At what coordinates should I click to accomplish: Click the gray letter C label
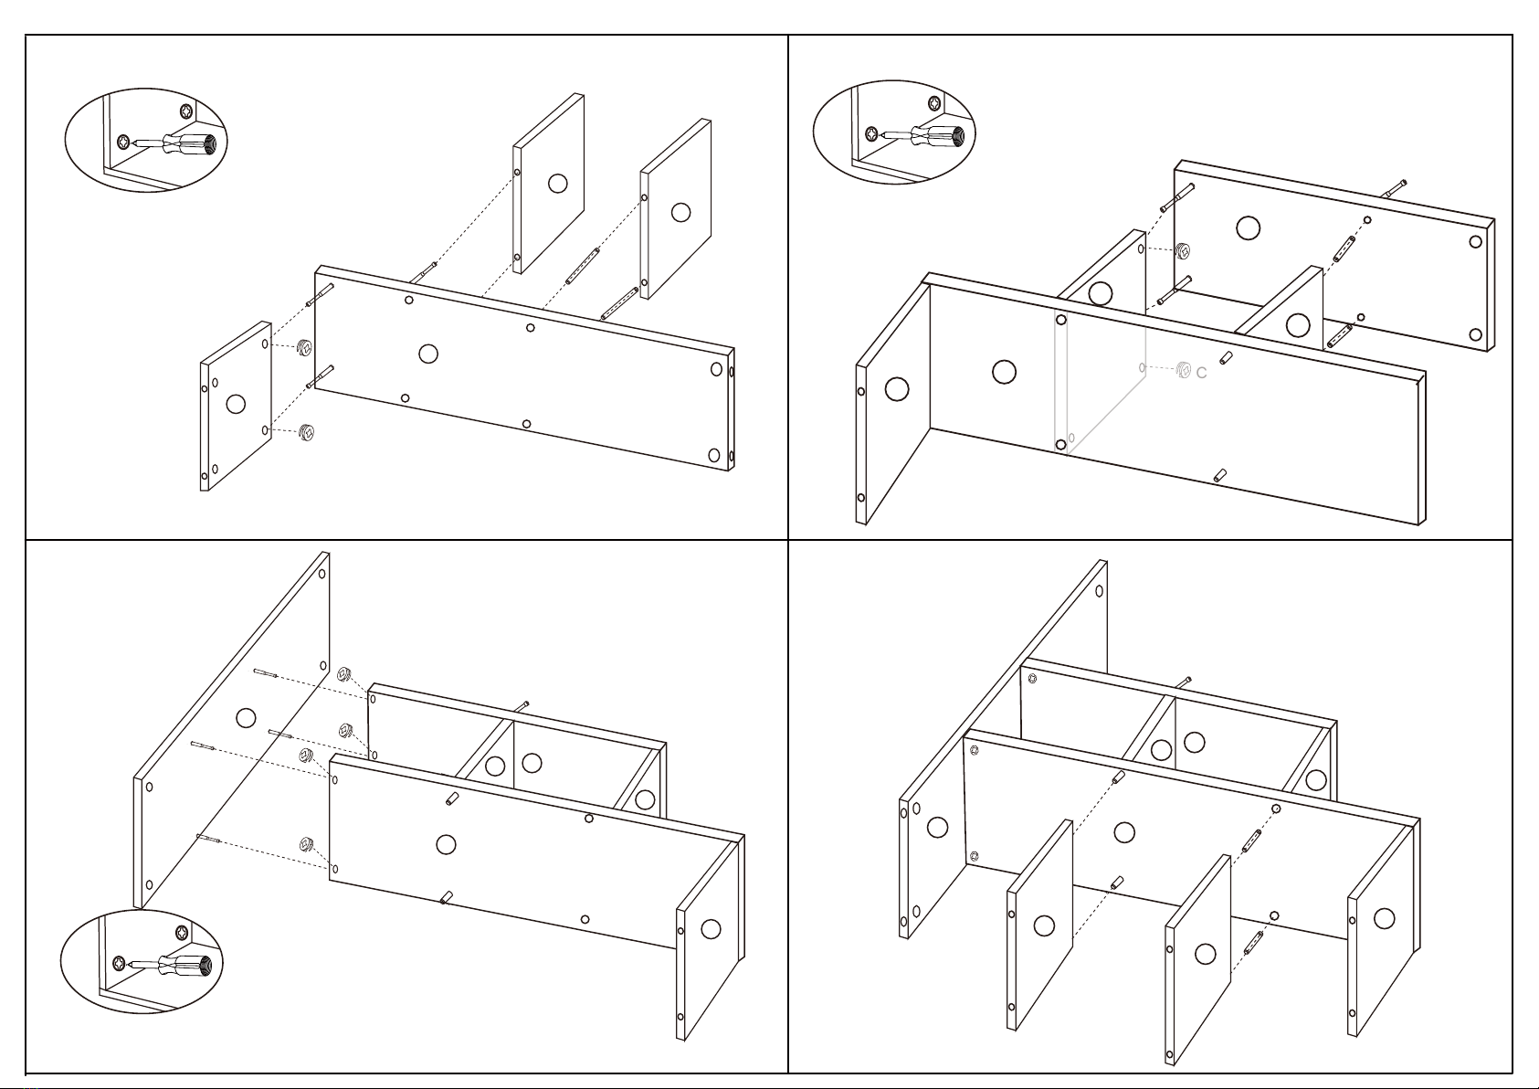click(1201, 373)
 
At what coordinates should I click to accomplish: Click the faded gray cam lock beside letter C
click(1183, 370)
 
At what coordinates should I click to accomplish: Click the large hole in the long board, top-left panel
click(428, 354)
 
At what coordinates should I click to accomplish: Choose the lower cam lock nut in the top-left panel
click(307, 432)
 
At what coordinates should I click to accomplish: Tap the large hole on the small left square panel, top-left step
click(236, 403)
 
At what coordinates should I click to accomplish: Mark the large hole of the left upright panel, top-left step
click(558, 184)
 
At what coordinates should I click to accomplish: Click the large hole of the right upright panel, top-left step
click(680, 212)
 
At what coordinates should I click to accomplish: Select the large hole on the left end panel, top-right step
click(897, 389)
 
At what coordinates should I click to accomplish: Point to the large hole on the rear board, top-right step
click(1248, 228)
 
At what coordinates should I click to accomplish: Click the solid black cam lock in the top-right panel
click(1183, 251)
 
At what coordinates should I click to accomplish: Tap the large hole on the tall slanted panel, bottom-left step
click(246, 718)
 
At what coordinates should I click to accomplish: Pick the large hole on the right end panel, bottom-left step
click(712, 929)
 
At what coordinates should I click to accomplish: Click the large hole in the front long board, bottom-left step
click(446, 844)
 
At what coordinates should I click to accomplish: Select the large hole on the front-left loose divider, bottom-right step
click(1044, 925)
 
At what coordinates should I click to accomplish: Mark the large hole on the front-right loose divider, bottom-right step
click(1205, 954)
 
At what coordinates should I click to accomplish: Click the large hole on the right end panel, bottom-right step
click(1385, 918)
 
